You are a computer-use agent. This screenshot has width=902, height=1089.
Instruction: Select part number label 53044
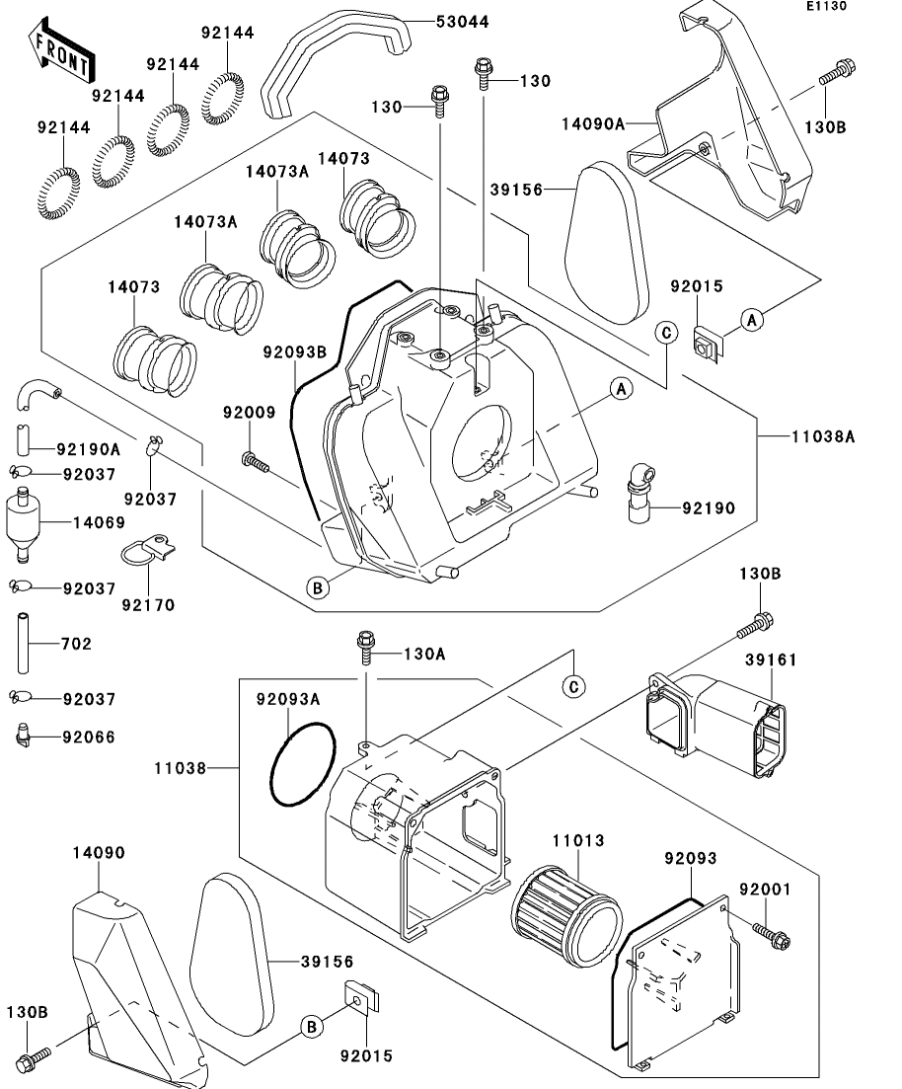click(x=463, y=22)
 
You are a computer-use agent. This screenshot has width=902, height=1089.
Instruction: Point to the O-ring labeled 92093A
click(x=303, y=764)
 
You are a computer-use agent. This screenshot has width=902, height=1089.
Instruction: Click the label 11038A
click(x=823, y=436)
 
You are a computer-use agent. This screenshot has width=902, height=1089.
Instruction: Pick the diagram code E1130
click(x=827, y=6)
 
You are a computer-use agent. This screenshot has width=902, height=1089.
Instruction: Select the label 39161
click(x=771, y=660)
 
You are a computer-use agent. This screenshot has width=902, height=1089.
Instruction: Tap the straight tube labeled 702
click(x=24, y=643)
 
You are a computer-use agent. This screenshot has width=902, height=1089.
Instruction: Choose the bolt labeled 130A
click(x=366, y=648)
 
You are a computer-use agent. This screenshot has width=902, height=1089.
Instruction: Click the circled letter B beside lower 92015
click(x=312, y=1027)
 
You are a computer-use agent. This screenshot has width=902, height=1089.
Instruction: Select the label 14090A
click(x=593, y=124)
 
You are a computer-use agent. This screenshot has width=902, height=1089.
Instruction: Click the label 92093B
click(x=294, y=352)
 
